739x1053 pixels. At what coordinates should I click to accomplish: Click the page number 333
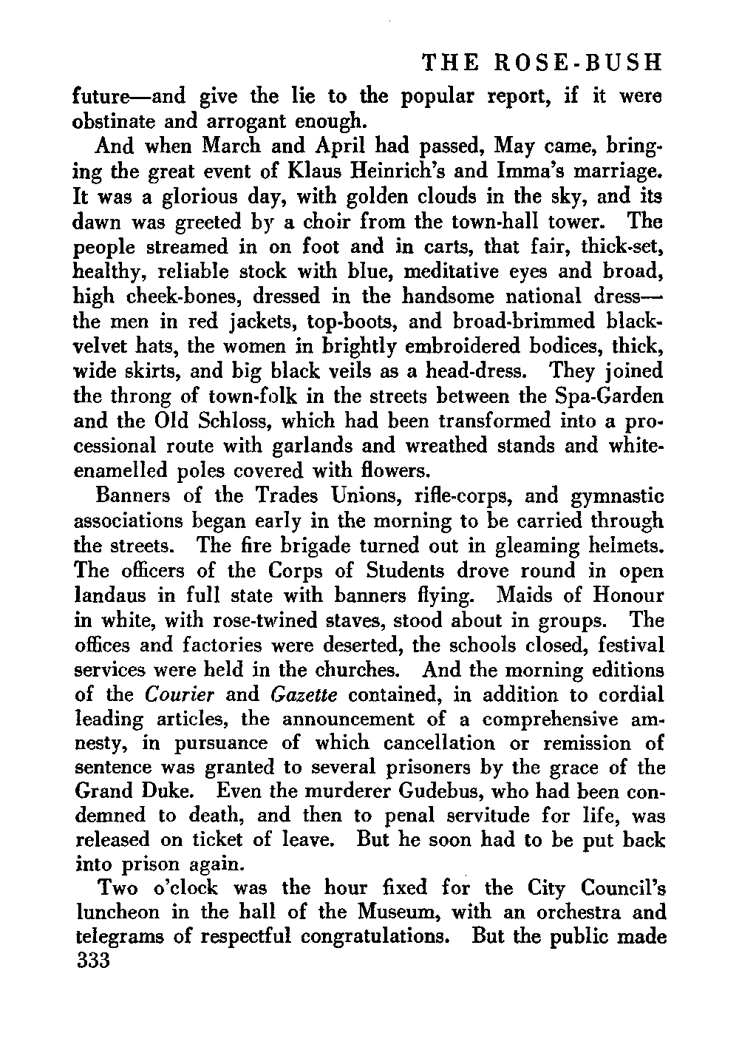(93, 961)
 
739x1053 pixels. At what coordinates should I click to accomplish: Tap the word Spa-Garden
(610, 396)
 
